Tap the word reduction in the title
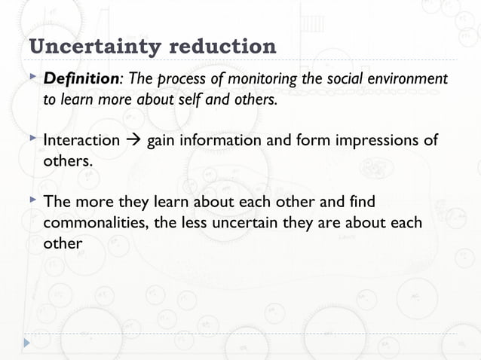(x=223, y=47)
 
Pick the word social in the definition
(x=350, y=79)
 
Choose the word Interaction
(x=81, y=141)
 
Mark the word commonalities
(x=95, y=224)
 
